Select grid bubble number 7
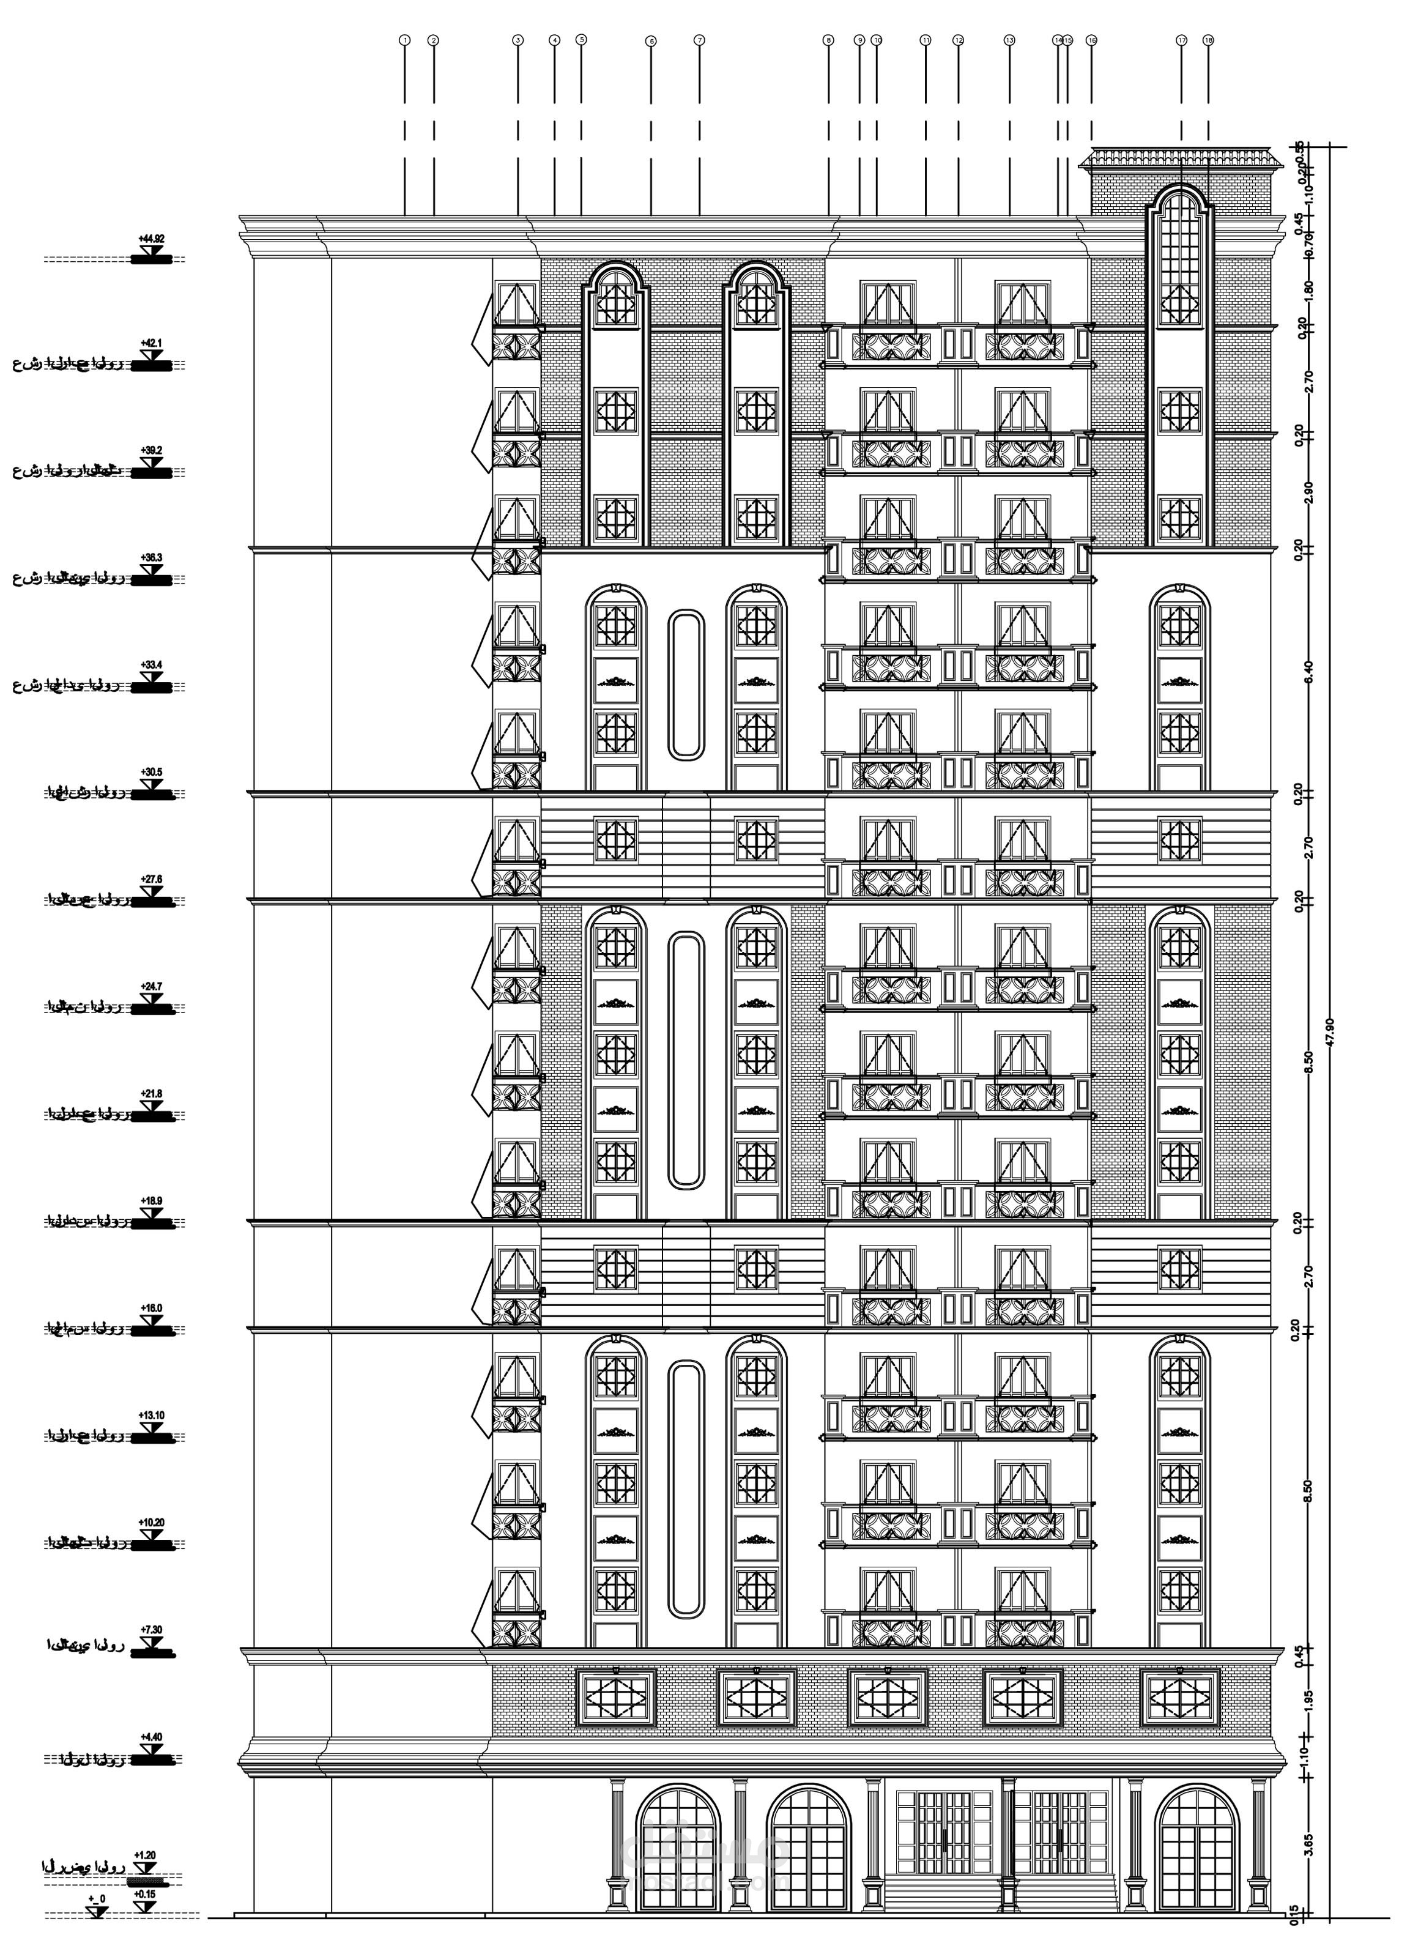(x=700, y=40)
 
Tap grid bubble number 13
(x=1010, y=40)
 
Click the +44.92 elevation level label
(x=151, y=239)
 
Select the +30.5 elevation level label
(x=151, y=773)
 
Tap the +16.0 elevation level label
(x=151, y=1309)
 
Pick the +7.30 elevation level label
(x=151, y=1630)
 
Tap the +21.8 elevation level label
(x=151, y=1093)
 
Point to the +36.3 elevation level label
(x=151, y=557)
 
